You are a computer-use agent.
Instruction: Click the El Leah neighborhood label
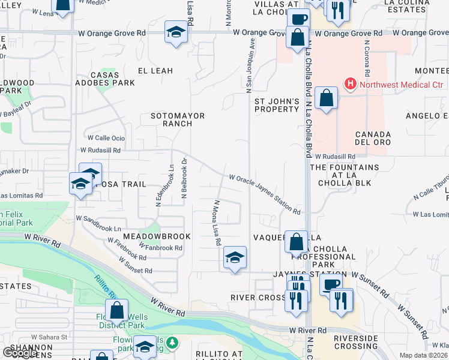click(155, 71)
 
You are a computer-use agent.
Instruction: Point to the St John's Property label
click(276, 105)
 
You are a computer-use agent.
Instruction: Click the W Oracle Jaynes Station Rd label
click(264, 194)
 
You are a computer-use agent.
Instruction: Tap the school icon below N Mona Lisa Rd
click(235, 258)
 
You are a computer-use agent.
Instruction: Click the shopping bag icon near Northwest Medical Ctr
click(326, 98)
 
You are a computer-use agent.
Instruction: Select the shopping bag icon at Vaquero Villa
click(296, 242)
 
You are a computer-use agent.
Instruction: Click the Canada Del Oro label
click(373, 138)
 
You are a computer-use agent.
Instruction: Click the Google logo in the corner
click(19, 353)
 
